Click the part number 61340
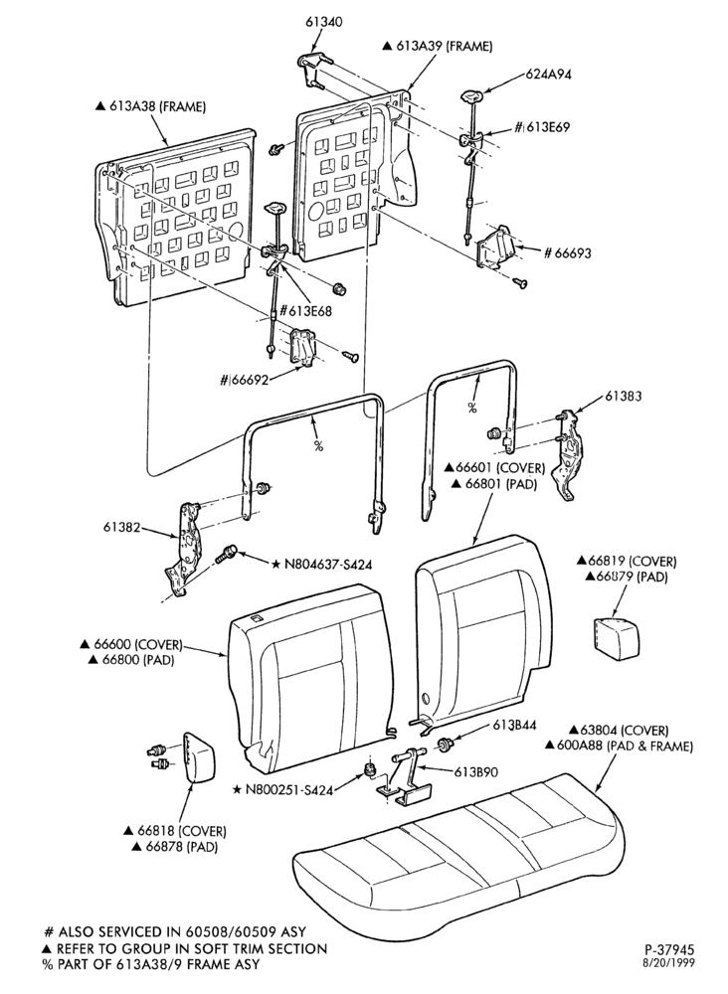point(323,22)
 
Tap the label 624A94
point(549,75)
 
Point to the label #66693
point(568,252)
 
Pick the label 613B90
point(475,772)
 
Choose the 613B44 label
point(513,726)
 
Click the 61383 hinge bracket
point(567,454)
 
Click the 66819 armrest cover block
point(614,632)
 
